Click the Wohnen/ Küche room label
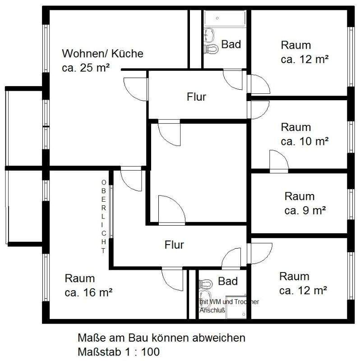(102, 54)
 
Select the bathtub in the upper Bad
(225, 19)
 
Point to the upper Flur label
(196, 97)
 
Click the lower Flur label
(174, 245)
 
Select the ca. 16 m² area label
(88, 292)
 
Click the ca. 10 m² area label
(304, 141)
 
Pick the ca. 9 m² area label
(305, 210)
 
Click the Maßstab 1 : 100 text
(119, 352)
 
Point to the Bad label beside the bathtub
(231, 45)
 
